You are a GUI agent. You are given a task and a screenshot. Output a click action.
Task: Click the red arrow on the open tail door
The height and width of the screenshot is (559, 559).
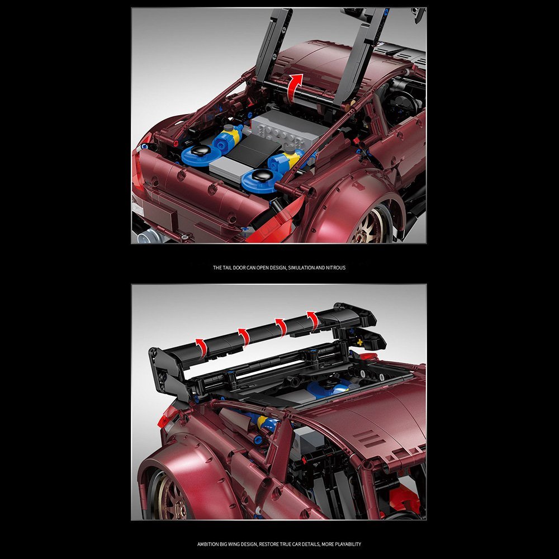pos(295,87)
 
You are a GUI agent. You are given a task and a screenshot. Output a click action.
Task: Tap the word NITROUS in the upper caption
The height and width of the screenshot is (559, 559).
pos(336,267)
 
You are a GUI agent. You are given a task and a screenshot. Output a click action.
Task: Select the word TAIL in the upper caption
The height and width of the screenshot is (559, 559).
pos(227,267)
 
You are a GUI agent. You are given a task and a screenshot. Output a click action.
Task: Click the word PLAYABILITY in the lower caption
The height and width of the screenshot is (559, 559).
pos(348,544)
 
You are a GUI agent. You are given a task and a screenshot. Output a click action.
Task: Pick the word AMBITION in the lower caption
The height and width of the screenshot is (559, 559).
pos(209,544)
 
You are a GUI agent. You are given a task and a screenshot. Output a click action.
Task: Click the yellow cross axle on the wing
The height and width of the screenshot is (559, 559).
pos(359,342)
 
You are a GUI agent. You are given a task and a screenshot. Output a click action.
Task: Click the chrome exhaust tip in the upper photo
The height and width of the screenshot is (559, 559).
pos(147,235)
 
